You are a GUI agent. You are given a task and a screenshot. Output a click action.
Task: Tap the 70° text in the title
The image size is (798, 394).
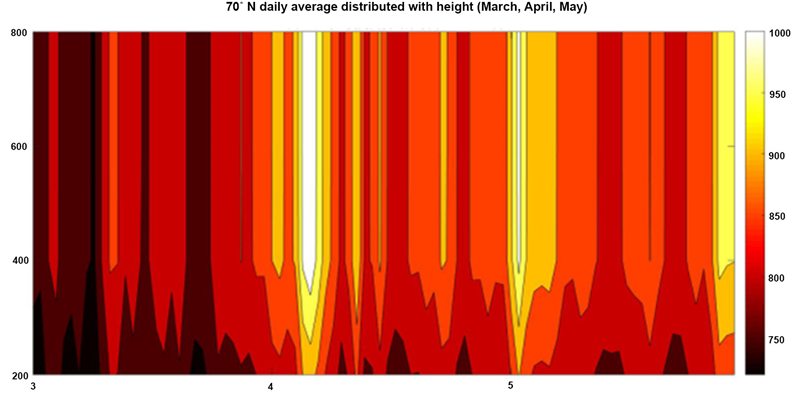tap(233, 8)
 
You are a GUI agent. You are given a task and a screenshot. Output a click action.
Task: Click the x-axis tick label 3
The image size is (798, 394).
tap(34, 386)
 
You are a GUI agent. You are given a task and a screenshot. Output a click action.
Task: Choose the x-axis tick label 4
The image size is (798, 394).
tap(271, 386)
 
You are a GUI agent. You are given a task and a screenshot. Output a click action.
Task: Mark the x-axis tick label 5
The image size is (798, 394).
tap(511, 386)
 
